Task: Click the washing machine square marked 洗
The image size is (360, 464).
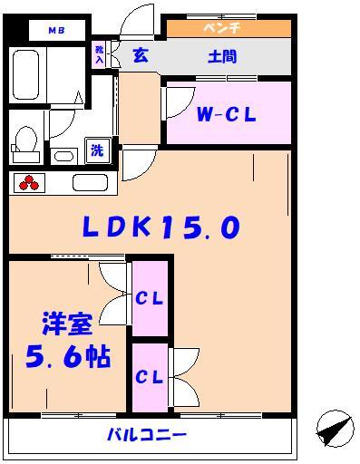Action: pos(96,150)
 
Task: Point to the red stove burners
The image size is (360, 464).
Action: pos(29,183)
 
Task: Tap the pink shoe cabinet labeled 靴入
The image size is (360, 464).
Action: pos(99,54)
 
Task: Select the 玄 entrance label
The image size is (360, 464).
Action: pos(141,56)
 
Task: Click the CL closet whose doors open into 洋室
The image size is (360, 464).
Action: pos(150,298)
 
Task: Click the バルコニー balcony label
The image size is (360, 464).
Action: pos(151,436)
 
